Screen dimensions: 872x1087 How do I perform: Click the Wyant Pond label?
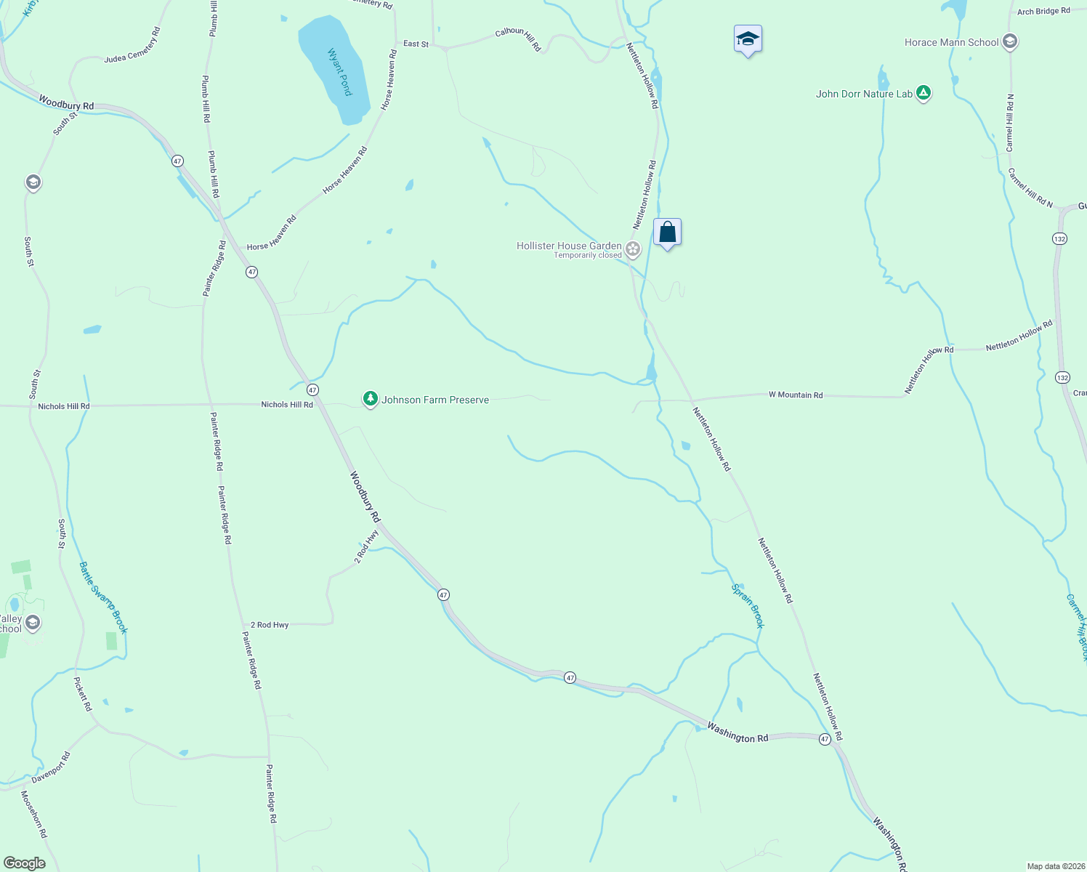[x=339, y=72]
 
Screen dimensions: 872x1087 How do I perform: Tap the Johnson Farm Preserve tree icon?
[x=371, y=399]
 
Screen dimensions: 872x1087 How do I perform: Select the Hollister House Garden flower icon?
[x=633, y=249]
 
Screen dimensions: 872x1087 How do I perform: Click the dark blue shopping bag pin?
[x=667, y=233]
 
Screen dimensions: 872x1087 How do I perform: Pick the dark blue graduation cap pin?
[x=748, y=39]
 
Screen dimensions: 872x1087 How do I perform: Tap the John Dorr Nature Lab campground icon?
[x=923, y=93]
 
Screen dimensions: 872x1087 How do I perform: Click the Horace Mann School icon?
[x=1009, y=41]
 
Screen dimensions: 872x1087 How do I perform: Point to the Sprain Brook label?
[x=748, y=605]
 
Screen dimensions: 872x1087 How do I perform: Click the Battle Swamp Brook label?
[x=103, y=597]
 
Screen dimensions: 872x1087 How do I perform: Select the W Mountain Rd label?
[x=796, y=395]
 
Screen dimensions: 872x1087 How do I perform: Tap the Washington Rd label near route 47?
[x=738, y=733]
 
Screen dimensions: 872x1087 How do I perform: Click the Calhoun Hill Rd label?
[x=518, y=39]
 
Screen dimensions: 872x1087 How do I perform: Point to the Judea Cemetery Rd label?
[x=132, y=45]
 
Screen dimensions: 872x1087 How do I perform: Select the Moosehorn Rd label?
[x=33, y=815]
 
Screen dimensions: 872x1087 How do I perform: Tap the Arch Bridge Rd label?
[x=1043, y=12]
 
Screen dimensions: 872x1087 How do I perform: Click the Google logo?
[x=25, y=863]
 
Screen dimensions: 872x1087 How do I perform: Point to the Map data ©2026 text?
[x=1056, y=866]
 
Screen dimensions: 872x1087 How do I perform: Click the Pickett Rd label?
[x=83, y=694]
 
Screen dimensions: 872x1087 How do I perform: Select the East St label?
[x=416, y=44]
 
